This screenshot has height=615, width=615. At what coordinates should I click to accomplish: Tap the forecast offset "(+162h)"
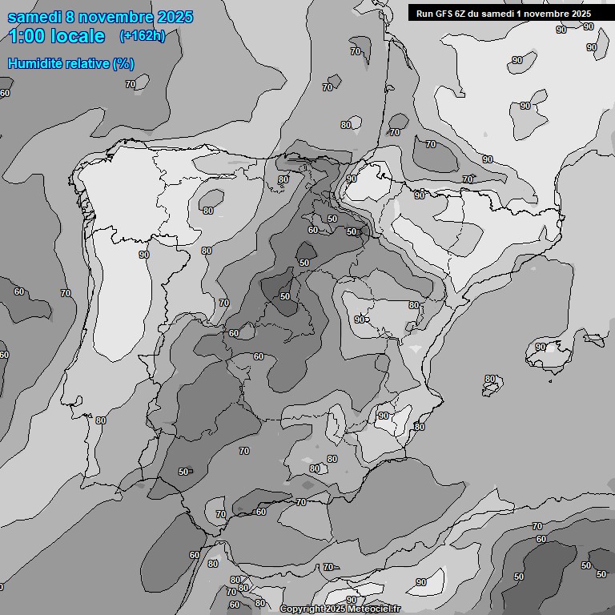tap(142, 36)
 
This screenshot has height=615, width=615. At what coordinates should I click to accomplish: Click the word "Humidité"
tap(36, 64)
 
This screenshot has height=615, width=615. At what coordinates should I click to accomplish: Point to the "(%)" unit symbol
tap(123, 64)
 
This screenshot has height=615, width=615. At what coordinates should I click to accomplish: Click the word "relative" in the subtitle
tap(87, 64)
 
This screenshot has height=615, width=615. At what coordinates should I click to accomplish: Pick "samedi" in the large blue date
tap(35, 17)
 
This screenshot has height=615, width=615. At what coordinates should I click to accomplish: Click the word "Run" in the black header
tap(424, 14)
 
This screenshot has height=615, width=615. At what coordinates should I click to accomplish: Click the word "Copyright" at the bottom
tap(302, 609)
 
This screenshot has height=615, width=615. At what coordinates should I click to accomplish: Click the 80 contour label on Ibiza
tap(490, 379)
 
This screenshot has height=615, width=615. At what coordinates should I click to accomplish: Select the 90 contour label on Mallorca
tap(541, 347)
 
